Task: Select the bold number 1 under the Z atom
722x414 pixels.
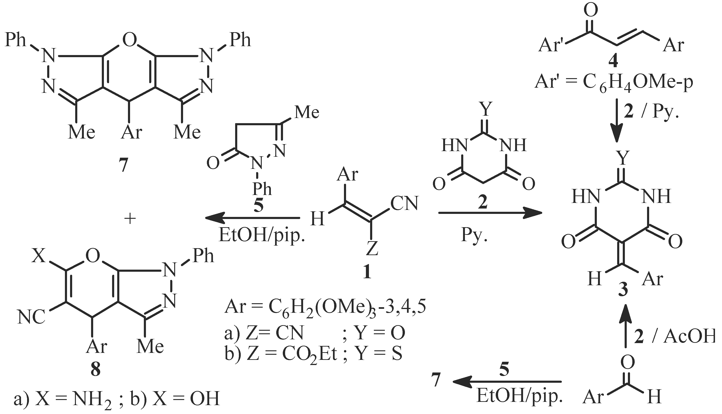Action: pos(367,271)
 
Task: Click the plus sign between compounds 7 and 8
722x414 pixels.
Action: pos(130,219)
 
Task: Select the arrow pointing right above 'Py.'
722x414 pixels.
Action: pos(490,212)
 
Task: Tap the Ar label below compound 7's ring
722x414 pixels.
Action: pos(131,132)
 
